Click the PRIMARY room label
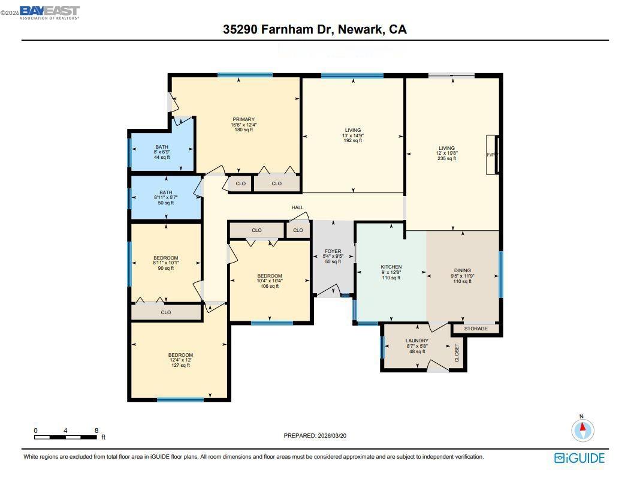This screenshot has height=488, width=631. click(x=244, y=119)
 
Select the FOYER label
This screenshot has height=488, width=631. click(x=333, y=251)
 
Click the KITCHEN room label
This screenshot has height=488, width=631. click(x=391, y=267)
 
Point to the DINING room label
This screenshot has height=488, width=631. click(x=462, y=270)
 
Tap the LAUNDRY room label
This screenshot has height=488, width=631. click(x=416, y=341)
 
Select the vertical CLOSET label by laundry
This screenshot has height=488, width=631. click(x=457, y=352)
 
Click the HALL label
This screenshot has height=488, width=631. click(x=297, y=207)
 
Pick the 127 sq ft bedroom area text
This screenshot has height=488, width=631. click(x=180, y=365)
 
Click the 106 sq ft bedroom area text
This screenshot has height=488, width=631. click(x=270, y=287)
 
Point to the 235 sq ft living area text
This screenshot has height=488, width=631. click(x=446, y=159)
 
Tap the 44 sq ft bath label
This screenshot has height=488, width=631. click(x=161, y=157)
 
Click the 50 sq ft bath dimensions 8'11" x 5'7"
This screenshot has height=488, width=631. click(x=165, y=198)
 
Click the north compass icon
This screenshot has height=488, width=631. click(x=582, y=429)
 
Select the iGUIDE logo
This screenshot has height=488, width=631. click(x=579, y=458)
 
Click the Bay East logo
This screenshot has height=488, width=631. click(x=49, y=12)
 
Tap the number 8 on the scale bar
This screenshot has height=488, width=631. click(x=96, y=430)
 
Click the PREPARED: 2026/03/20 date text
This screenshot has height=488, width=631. click(x=315, y=435)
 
